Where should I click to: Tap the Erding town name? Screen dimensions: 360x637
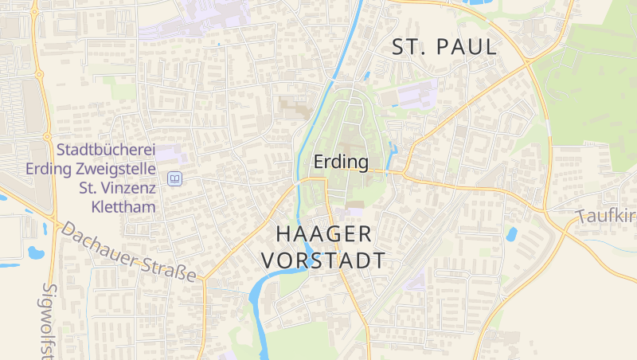(342, 162)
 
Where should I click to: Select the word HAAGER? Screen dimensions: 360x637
(323, 234)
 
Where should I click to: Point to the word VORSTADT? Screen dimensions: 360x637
(323, 260)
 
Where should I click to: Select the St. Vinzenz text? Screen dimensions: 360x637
(117, 188)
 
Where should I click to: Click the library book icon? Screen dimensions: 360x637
(174, 179)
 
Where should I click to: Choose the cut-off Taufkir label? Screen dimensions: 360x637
(606, 217)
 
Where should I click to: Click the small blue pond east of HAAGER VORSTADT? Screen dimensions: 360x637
(510, 234)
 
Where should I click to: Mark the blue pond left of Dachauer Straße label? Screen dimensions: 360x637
(36, 253)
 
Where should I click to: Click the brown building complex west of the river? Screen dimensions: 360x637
(294, 108)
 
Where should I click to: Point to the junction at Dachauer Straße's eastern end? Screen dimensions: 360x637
(204, 280)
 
